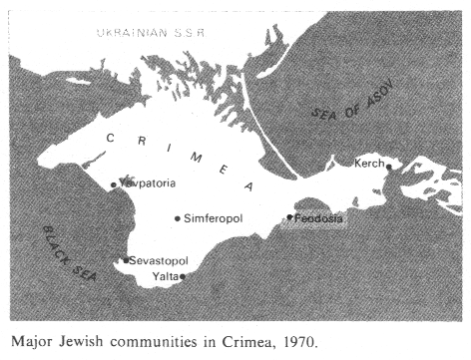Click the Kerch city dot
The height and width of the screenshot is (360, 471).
pos(389,167)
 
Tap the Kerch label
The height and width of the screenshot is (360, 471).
pos(368,164)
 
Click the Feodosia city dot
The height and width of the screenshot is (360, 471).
pos(289,216)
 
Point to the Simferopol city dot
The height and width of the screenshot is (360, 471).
pos(178,217)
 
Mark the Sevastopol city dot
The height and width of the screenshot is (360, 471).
pos(126,260)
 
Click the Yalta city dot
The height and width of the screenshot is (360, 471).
pos(183,276)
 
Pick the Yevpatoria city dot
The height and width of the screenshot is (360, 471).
pos(114,184)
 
